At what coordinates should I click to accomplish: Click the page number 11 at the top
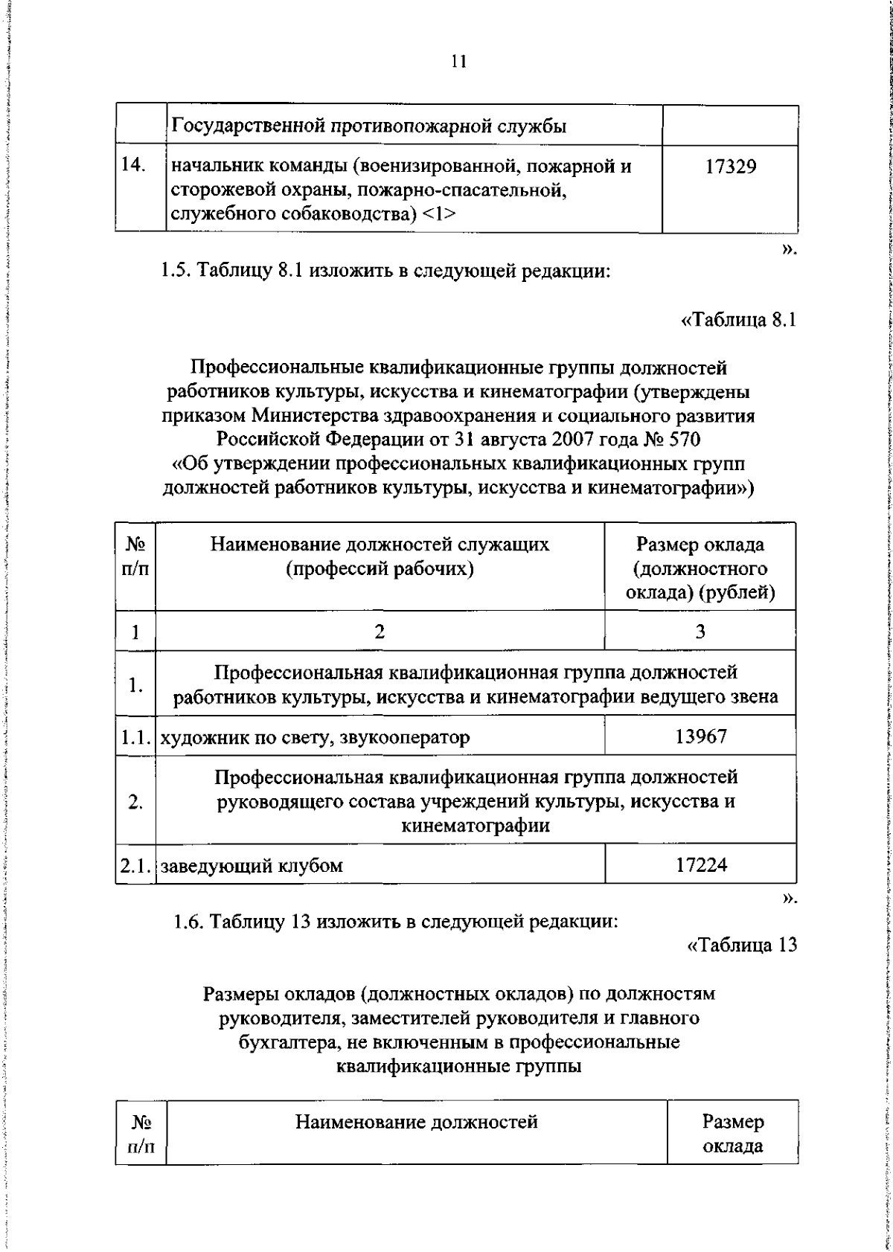(x=458, y=62)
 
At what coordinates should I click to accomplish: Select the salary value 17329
(x=731, y=167)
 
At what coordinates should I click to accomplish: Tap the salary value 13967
(x=701, y=736)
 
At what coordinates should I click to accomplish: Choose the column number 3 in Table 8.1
(x=700, y=632)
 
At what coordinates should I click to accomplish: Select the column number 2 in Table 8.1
(x=380, y=632)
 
